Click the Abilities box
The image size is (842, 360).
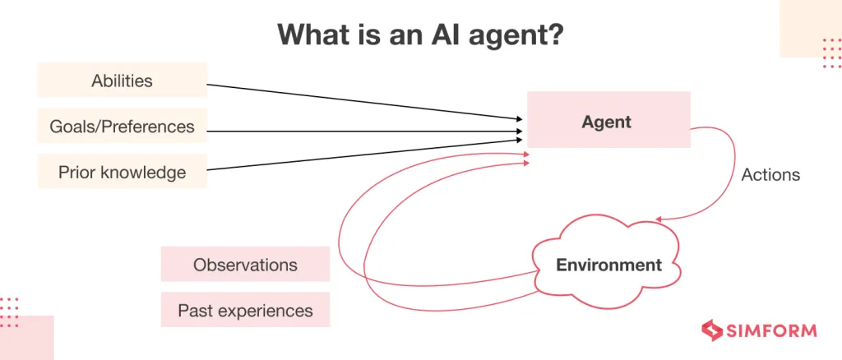pyautogui.click(x=122, y=81)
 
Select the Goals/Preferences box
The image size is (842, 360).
pyautogui.click(x=122, y=126)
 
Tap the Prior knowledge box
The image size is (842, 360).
pyautogui.click(x=122, y=172)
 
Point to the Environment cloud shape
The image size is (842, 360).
pyautogui.click(x=608, y=265)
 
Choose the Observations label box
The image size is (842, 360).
pyautogui.click(x=245, y=265)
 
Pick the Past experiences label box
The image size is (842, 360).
pyautogui.click(x=245, y=310)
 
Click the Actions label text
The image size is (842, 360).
pyautogui.click(x=770, y=175)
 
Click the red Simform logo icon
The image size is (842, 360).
pyautogui.click(x=711, y=330)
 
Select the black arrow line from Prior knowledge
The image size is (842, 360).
pyautogui.click(x=362, y=155)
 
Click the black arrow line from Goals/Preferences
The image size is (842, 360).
pyautogui.click(x=362, y=131)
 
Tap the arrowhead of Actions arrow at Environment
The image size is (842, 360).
pyautogui.click(x=659, y=219)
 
